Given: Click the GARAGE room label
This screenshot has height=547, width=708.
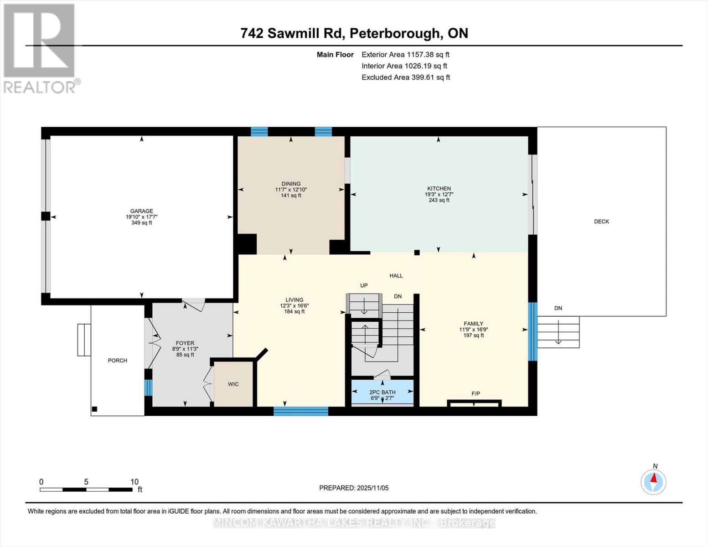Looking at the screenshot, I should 141,211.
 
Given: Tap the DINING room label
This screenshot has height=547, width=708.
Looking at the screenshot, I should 291,184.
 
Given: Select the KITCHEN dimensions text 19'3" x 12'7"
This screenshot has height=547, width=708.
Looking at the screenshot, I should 439,194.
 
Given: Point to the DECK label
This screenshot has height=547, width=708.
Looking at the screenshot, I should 601,222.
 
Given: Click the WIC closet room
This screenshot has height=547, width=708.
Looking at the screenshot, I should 233,384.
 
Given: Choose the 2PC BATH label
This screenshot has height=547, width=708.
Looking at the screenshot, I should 382,392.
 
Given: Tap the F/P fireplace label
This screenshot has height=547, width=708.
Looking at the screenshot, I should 475,393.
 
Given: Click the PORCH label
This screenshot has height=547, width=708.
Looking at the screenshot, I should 117,361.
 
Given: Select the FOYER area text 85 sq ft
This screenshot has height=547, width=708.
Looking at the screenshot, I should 185,355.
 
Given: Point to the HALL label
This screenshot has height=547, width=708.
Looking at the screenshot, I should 396,276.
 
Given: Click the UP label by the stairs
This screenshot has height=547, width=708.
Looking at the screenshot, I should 364,286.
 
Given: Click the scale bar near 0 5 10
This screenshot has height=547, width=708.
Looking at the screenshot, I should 86,490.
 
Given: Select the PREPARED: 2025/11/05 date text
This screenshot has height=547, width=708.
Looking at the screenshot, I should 354,488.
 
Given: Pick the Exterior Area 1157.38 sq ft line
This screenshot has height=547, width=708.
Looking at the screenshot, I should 405,55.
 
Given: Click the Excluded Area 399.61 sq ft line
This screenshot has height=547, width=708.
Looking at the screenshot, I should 405,77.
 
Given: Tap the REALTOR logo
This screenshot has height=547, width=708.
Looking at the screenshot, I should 40,48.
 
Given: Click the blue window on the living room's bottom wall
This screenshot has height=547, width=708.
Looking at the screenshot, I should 301,411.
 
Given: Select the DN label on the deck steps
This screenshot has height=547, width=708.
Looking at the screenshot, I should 558,308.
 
